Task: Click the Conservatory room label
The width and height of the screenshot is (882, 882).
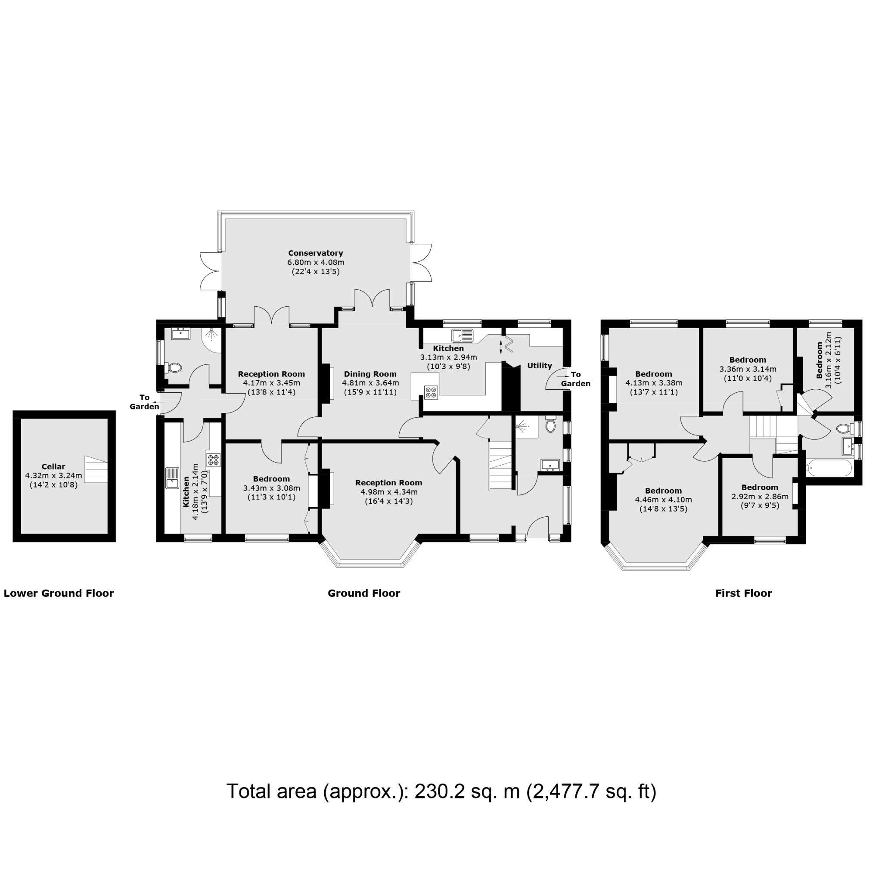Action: (x=315, y=253)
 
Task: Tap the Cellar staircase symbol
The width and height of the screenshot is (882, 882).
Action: (x=96, y=469)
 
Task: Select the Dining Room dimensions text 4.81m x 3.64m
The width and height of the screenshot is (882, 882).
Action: (x=370, y=383)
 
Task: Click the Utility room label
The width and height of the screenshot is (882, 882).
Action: (x=540, y=366)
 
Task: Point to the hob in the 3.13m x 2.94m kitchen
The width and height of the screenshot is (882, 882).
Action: (x=432, y=392)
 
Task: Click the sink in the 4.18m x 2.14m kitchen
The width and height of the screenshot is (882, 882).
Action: (x=173, y=478)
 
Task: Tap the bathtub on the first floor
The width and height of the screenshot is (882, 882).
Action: (x=829, y=468)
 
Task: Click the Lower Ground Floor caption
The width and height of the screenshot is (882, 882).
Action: (x=59, y=593)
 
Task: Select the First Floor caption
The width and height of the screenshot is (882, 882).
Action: (x=743, y=593)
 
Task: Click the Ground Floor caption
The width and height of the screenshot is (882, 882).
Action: (x=364, y=593)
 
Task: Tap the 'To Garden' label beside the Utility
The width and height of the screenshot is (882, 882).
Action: (x=576, y=379)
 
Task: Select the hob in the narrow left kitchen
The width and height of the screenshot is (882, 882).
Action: (x=214, y=459)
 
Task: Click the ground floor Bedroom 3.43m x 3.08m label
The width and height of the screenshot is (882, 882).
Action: (x=271, y=479)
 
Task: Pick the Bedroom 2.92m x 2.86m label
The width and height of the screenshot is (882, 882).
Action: (x=760, y=487)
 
